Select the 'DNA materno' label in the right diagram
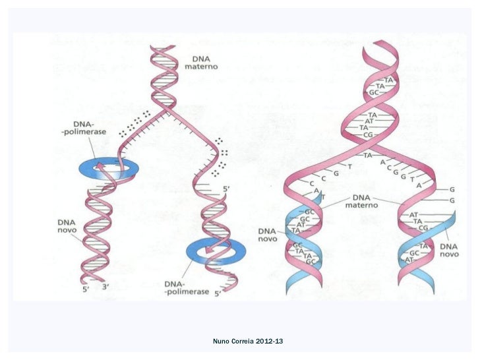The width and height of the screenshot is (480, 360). (x=361, y=202)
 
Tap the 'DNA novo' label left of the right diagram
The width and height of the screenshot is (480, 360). (x=267, y=235)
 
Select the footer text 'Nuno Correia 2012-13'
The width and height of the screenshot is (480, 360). (x=248, y=341)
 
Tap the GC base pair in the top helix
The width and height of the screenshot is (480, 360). (x=373, y=92)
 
